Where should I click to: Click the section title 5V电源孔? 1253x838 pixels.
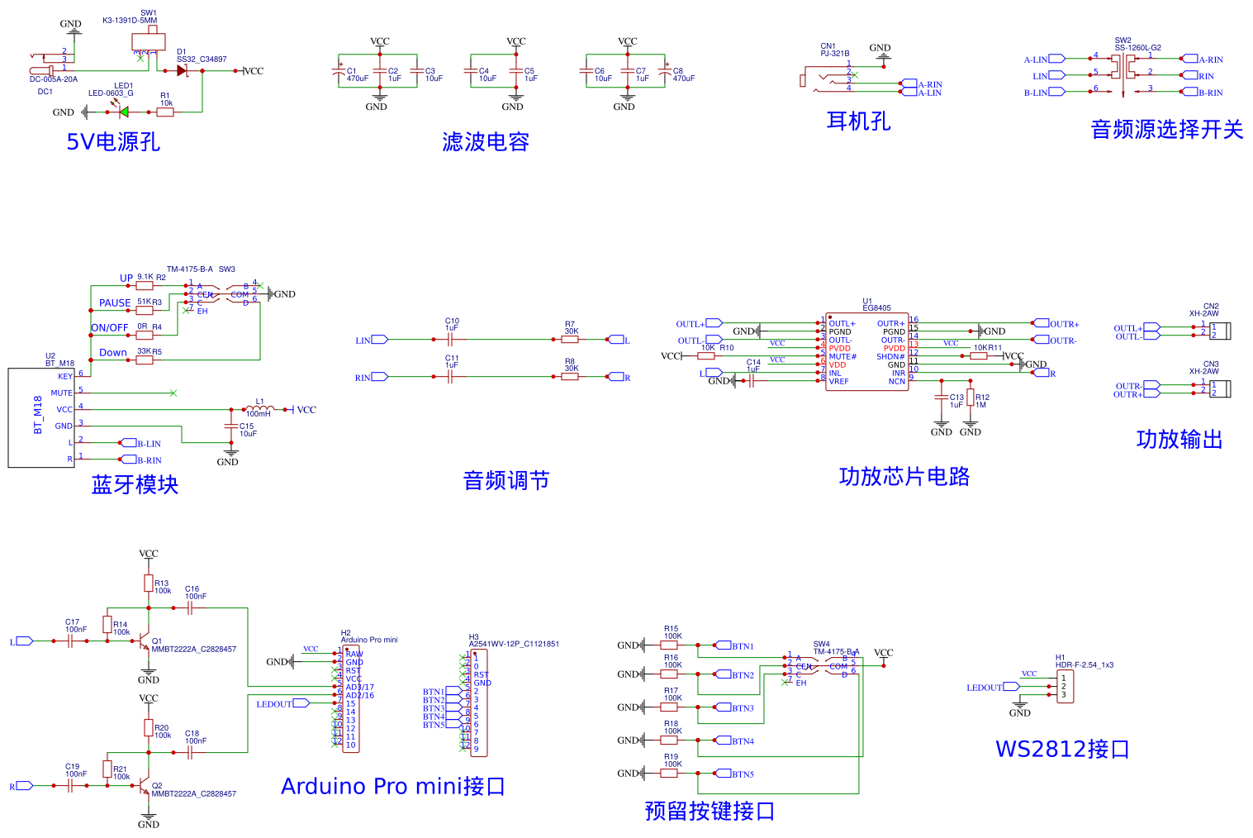(x=113, y=142)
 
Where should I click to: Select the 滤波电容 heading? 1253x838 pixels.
(x=486, y=142)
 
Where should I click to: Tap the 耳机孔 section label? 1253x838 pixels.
(x=858, y=121)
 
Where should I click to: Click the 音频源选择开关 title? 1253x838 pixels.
(x=1166, y=130)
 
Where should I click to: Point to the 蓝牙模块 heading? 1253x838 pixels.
(x=135, y=484)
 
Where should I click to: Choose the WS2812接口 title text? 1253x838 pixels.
(x=1062, y=750)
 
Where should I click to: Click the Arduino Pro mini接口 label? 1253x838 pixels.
(x=393, y=786)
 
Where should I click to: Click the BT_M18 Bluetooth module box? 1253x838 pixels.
(x=41, y=417)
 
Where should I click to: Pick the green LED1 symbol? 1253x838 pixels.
(x=124, y=112)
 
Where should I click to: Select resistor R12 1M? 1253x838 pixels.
(x=971, y=398)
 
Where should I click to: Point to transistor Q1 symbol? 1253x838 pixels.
(x=145, y=641)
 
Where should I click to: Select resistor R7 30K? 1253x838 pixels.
(x=570, y=339)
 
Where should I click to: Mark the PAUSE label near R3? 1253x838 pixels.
(x=115, y=303)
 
